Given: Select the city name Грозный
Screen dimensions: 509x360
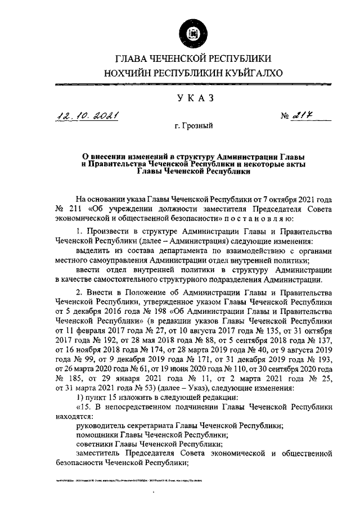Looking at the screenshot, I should click(x=194, y=128).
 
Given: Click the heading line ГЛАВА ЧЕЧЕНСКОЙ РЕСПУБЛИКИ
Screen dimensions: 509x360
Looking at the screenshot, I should click(x=194, y=58).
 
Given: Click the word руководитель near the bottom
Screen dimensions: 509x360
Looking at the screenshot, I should click(x=98, y=426).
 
